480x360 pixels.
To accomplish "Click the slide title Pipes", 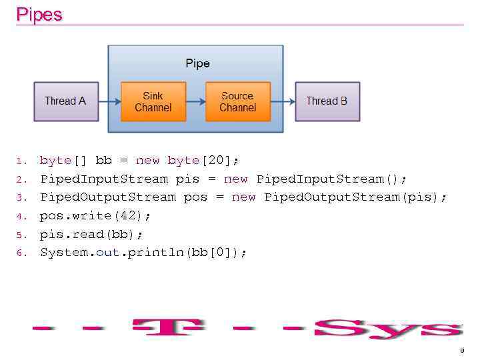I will point(39,15).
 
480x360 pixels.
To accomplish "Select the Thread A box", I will point(65,101).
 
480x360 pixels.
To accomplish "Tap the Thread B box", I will point(327,101).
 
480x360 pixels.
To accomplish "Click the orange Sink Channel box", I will point(153,101).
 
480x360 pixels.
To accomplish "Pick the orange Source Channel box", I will point(237,101).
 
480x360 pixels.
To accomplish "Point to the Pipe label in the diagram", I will point(197,63).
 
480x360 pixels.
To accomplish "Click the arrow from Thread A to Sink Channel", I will point(110,101).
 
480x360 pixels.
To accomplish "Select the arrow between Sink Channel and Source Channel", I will point(195,101).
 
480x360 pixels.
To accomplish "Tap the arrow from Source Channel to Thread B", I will point(283,101).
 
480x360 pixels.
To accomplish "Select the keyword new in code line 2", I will point(235,179).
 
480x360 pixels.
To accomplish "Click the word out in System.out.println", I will point(107,253).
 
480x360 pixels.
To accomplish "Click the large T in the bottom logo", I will point(168,328).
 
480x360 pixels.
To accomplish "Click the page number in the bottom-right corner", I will point(461,351).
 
